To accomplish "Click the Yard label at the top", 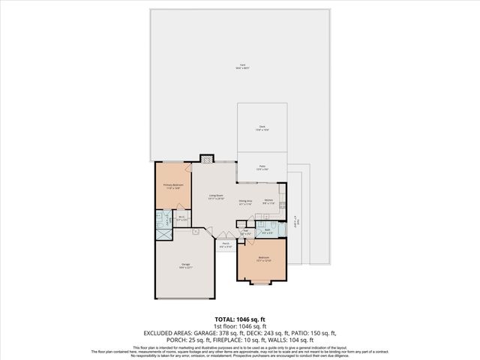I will pyautogui.click(x=242, y=65).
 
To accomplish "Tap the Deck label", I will pyautogui.click(x=262, y=127).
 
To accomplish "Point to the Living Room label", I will pyautogui.click(x=216, y=197).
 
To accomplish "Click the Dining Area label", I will pyautogui.click(x=245, y=201).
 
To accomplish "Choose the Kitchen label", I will pyautogui.click(x=268, y=201).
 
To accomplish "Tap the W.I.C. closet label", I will pyautogui.click(x=181, y=219).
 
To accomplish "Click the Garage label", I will pyautogui.click(x=184, y=267).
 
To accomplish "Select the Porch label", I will pyautogui.click(x=226, y=244).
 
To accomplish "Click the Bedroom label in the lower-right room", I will pyautogui.click(x=263, y=259).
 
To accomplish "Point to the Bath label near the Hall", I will pyautogui.click(x=267, y=231).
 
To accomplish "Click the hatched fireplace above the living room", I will pyautogui.click(x=206, y=159).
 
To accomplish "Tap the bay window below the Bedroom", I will pyautogui.click(x=262, y=283).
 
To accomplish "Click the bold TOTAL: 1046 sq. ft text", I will pyautogui.click(x=240, y=319).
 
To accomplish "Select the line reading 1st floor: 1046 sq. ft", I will pyautogui.click(x=240, y=326).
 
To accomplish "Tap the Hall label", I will pyautogui.click(x=245, y=231).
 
